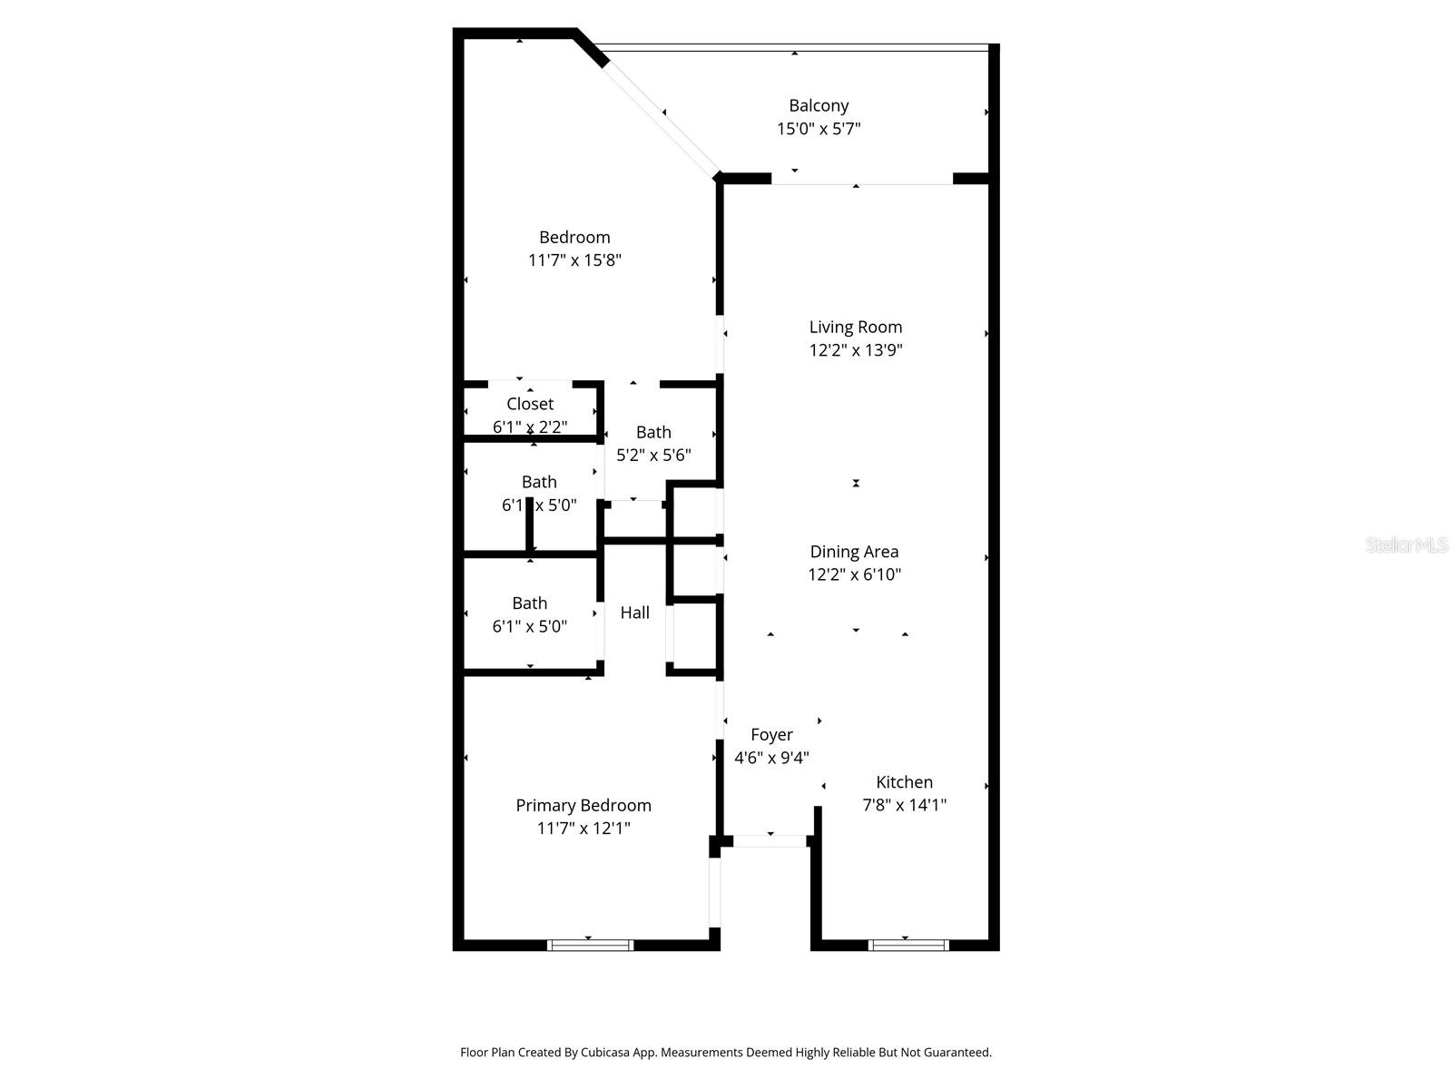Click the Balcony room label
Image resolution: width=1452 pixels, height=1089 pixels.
[819, 106]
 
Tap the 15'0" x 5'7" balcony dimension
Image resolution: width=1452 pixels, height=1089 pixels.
[819, 129]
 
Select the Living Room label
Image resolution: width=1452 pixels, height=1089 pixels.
[856, 327]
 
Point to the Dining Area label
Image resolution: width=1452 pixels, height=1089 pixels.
[854, 552]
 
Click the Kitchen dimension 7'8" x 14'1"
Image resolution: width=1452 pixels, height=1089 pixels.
[904, 805]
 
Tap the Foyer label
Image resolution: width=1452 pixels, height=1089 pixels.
[771, 735]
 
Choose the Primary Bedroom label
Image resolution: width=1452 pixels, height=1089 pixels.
[584, 806]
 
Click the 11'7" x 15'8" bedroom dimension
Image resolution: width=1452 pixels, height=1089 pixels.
[574, 260]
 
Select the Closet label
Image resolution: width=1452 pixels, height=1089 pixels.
[530, 404]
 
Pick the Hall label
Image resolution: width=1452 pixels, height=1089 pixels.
[635, 613]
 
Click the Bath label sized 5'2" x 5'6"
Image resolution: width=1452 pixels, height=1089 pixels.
[653, 433]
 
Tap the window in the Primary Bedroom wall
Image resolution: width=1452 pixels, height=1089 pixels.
[590, 946]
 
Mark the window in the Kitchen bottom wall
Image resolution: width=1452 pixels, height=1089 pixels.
[908, 946]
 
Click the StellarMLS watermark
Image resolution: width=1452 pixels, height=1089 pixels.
[1406, 545]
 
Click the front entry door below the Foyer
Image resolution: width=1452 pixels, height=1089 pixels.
[770, 841]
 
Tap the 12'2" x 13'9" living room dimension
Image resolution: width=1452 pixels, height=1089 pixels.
[856, 350]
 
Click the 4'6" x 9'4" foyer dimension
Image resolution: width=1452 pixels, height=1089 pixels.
[771, 758]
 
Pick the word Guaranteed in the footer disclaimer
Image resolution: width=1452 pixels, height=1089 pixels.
[957, 1053]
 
